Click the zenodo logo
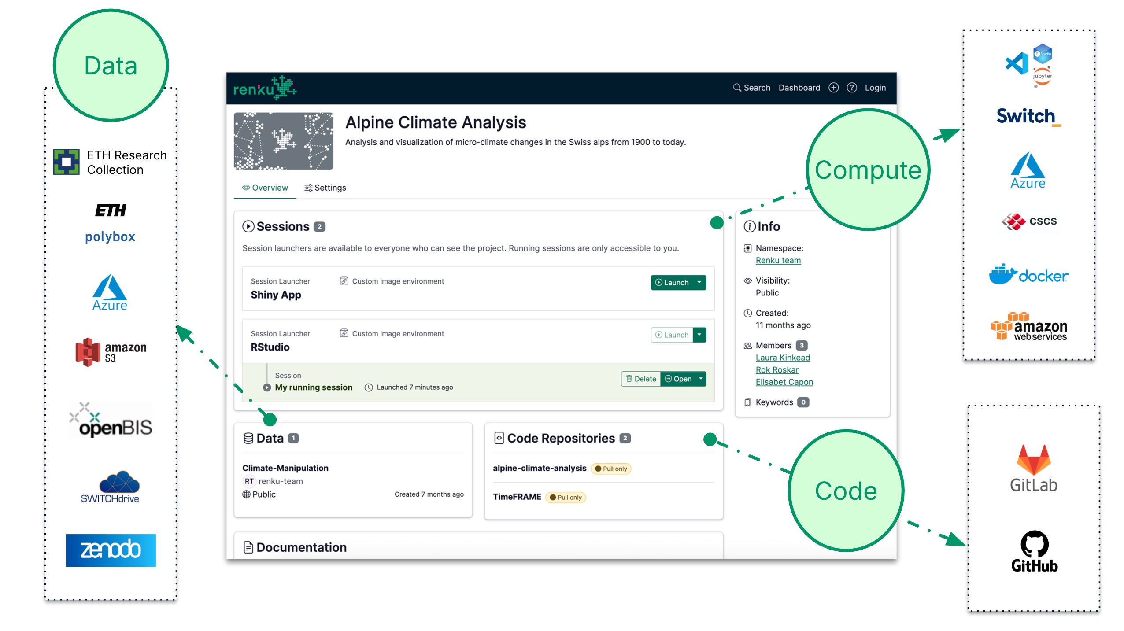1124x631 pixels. click(111, 550)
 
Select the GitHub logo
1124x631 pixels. click(1034, 551)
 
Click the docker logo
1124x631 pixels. click(1028, 275)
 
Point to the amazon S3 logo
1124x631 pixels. click(111, 352)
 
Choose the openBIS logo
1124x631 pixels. click(111, 420)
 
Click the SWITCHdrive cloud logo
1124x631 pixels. click(111, 487)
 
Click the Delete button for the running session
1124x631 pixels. click(641, 379)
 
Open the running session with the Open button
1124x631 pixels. click(678, 379)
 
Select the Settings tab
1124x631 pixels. click(325, 188)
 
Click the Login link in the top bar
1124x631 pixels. click(875, 88)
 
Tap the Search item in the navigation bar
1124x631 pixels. click(751, 88)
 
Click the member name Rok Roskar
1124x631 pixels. click(777, 370)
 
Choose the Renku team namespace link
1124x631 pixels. click(778, 260)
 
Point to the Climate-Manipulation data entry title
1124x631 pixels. click(285, 468)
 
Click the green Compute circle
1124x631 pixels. click(868, 170)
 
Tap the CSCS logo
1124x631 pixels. click(1028, 221)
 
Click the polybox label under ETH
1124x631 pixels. click(110, 237)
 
